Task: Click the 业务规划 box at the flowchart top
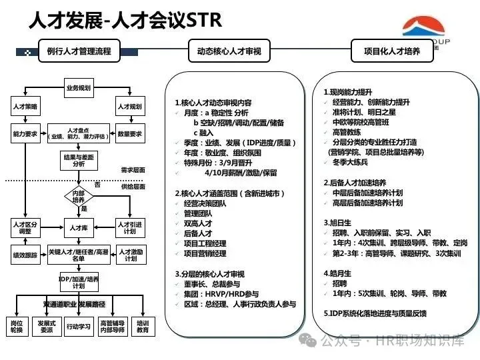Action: [79, 88]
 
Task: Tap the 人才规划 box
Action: [130, 107]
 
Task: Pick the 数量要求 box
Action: [130, 133]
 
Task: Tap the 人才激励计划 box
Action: [130, 255]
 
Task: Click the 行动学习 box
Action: [79, 326]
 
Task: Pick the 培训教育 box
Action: [142, 326]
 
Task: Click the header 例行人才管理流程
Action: [75, 51]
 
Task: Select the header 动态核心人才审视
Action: [229, 51]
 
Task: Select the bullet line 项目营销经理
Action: [205, 253]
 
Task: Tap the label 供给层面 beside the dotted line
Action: [133, 187]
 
